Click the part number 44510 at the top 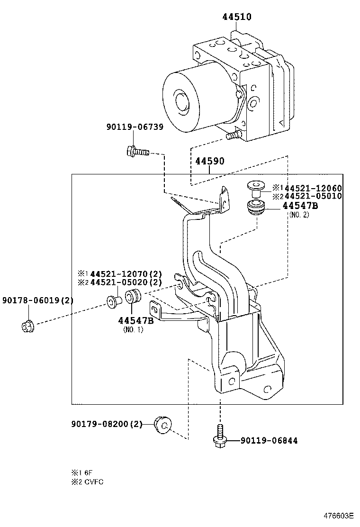pos(237,17)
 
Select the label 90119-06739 pos(135,127)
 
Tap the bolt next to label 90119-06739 pos(137,152)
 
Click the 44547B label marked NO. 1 pos(136,320)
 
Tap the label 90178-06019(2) pos(37,300)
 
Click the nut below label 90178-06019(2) pos(27,326)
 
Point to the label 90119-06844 pos(269,441)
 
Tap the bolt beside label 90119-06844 pos(220,436)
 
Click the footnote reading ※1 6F pos(81,472)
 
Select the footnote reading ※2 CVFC pos(87,482)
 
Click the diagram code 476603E pos(339,516)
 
